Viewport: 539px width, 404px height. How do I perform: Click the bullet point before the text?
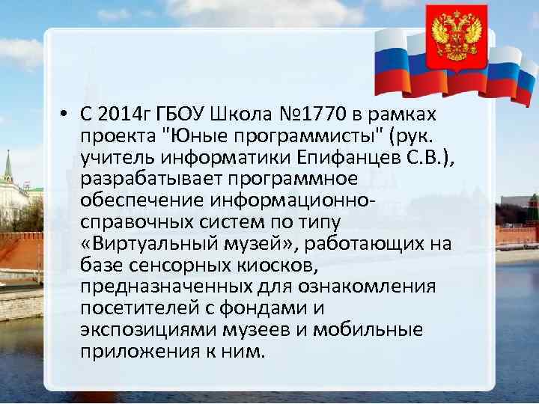click(67, 114)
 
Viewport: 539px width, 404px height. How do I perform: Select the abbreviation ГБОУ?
click(180, 114)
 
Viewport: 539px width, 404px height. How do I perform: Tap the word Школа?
click(239, 114)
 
